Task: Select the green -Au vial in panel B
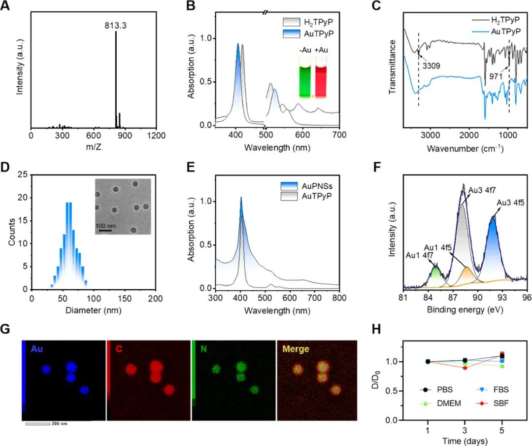pyautogui.click(x=307, y=79)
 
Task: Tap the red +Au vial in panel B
pyautogui.click(x=321, y=79)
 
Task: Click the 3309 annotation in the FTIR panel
pyautogui.click(x=429, y=65)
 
